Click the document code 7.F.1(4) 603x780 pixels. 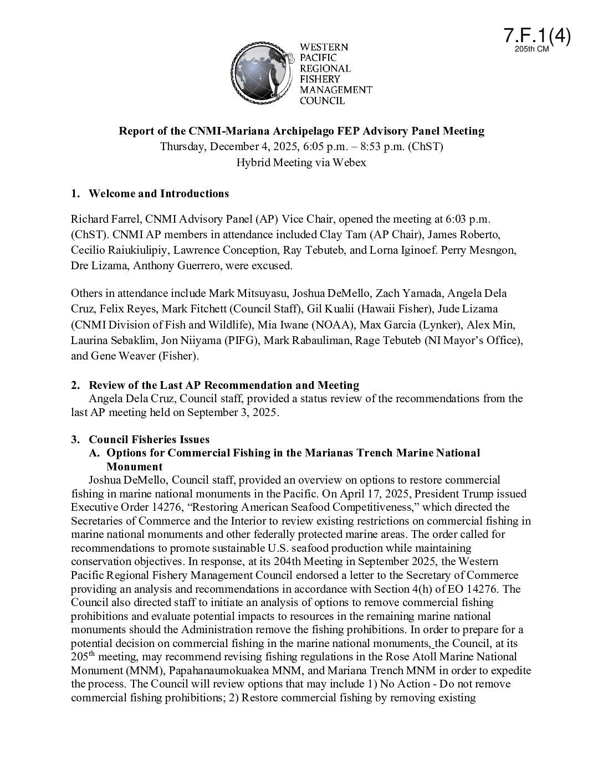coord(537,35)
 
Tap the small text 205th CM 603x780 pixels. coord(532,49)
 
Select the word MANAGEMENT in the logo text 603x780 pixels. coord(336,90)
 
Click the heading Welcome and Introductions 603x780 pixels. coord(159,193)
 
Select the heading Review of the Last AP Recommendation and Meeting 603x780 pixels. coord(224,385)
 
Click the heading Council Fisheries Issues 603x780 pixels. coord(149,439)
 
